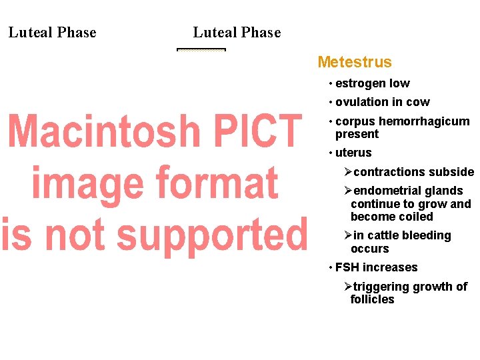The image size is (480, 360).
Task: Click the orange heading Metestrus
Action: click(355, 62)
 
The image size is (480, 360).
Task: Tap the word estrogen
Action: click(361, 83)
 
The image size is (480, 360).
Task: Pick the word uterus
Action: click(353, 153)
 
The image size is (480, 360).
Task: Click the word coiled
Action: click(416, 217)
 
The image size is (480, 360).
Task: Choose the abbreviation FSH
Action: click(347, 267)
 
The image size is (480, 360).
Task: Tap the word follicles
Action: click(372, 299)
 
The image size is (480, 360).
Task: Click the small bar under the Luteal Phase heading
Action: click(201, 49)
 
